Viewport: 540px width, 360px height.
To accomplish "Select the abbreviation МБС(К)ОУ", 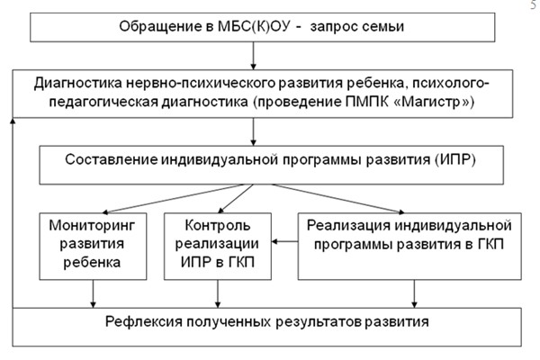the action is pyautogui.click(x=255, y=26).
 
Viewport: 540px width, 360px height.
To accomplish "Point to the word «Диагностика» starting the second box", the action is pyautogui.click(x=77, y=84).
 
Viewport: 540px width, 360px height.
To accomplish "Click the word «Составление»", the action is pyautogui.click(x=112, y=159).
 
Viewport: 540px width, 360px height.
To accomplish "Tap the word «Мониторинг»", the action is pyautogui.click(x=93, y=226).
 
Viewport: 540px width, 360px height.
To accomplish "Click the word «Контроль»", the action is pyautogui.click(x=217, y=225).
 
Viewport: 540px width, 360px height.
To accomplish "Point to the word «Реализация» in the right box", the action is pyautogui.click(x=348, y=226).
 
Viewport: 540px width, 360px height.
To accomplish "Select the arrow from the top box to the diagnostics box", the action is pyautogui.click(x=253, y=56).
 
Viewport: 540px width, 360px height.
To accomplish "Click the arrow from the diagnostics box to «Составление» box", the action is pyautogui.click(x=253, y=131).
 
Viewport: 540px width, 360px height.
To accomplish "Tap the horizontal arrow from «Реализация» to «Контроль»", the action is pyautogui.click(x=284, y=241).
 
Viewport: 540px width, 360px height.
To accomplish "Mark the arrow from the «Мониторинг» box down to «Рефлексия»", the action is pyautogui.click(x=93, y=293).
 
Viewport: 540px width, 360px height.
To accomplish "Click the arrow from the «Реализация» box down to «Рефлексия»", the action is pyautogui.click(x=414, y=293).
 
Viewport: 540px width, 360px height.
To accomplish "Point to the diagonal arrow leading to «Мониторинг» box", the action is pyautogui.click(x=173, y=199).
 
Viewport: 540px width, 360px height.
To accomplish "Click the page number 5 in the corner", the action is pyautogui.click(x=534, y=5).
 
